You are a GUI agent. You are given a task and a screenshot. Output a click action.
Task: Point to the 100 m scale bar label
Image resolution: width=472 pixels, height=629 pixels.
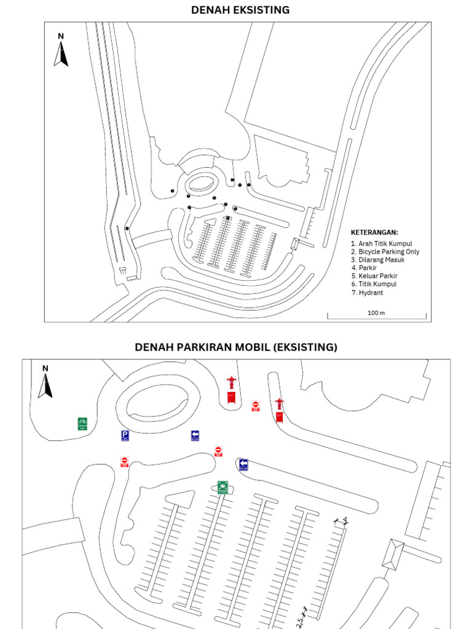[x=376, y=313]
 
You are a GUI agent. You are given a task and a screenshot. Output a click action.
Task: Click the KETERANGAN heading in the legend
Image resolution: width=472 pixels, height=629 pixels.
[x=374, y=233]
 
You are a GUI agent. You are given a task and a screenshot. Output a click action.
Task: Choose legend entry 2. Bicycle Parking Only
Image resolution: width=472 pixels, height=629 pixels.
[x=385, y=252]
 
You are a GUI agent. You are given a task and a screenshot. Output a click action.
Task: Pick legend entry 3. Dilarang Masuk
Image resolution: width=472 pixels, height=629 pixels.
[x=377, y=260]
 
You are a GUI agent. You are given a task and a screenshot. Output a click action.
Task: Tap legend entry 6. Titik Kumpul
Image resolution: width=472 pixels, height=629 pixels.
[x=374, y=284]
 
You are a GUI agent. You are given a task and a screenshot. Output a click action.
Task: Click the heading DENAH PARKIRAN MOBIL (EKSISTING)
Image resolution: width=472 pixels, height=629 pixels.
[x=236, y=347]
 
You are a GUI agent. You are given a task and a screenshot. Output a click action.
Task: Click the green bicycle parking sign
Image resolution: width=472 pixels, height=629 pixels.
[x=82, y=424]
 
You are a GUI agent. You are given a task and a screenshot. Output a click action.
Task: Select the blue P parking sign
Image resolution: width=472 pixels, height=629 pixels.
[x=125, y=436]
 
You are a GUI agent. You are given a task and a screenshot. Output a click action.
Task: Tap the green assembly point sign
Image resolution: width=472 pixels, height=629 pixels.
[x=222, y=487]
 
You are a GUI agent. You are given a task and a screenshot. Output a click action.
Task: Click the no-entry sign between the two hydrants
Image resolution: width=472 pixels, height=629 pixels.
[x=255, y=405]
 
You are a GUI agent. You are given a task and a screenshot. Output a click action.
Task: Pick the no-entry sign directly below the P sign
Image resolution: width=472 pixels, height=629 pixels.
[x=124, y=462]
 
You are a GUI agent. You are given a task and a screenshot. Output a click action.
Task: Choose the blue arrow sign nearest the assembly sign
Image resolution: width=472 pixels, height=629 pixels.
[x=243, y=464]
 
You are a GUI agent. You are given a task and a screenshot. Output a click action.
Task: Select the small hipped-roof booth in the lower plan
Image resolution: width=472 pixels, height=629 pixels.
[x=392, y=553]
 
